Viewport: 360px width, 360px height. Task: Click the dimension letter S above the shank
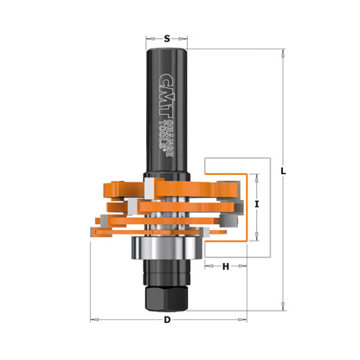point(167,38)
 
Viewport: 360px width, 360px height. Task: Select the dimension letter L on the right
point(284,172)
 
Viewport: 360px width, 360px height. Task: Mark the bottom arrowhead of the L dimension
point(284,307)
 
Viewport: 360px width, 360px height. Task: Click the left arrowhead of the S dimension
point(150,38)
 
